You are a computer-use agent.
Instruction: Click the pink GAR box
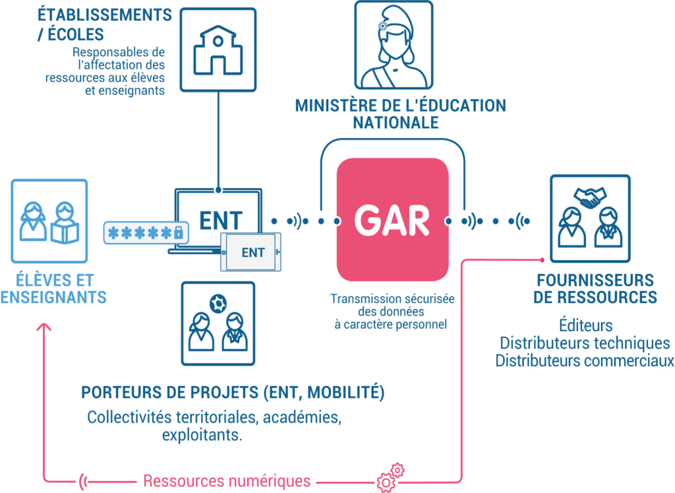click(x=393, y=220)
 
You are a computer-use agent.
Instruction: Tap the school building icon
click(x=218, y=49)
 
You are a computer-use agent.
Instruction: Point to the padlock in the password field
click(x=177, y=232)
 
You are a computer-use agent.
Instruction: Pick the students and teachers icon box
click(x=49, y=221)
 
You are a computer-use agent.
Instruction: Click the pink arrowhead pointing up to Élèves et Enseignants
click(x=44, y=327)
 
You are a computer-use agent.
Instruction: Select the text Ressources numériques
click(x=227, y=480)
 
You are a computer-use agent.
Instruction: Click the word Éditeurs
click(x=585, y=326)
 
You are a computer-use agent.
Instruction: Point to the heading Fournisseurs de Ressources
click(x=595, y=288)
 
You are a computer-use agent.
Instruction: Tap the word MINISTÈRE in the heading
click(x=334, y=106)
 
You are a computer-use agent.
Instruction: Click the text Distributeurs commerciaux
click(x=585, y=360)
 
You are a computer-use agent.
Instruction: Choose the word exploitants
click(x=202, y=436)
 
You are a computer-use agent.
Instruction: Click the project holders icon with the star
click(x=218, y=323)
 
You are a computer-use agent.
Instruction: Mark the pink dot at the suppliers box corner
click(x=542, y=259)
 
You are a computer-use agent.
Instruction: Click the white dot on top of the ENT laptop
click(x=218, y=190)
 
